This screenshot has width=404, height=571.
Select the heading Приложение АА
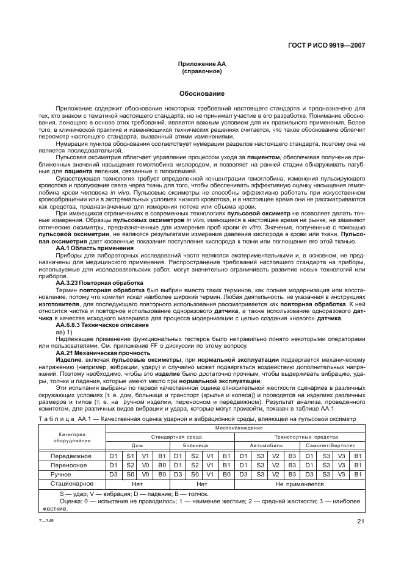pos(201,64)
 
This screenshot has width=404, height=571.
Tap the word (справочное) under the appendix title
pos(201,71)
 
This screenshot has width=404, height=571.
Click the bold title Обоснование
pos(201,94)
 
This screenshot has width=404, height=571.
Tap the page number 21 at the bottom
pos(361,520)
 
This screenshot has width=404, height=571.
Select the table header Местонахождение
pos(235,429)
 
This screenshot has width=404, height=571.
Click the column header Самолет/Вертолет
pos(331,445)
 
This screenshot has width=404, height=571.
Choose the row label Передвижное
pos(71,456)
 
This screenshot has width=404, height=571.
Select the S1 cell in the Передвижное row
pos(129,456)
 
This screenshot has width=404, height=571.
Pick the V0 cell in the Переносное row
pos(145,465)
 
